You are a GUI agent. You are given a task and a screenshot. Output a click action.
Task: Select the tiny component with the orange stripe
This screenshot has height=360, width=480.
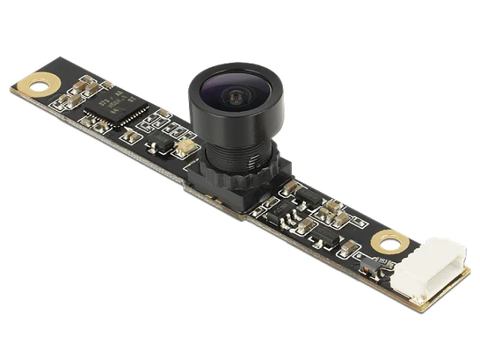(x=370, y=263)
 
